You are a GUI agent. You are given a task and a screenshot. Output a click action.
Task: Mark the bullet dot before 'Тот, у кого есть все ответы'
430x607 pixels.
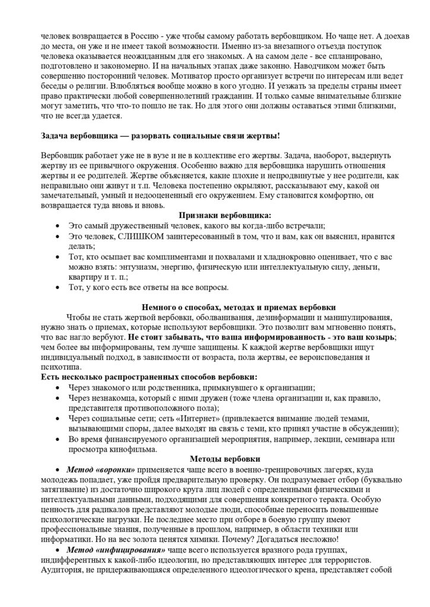(x=57, y=287)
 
